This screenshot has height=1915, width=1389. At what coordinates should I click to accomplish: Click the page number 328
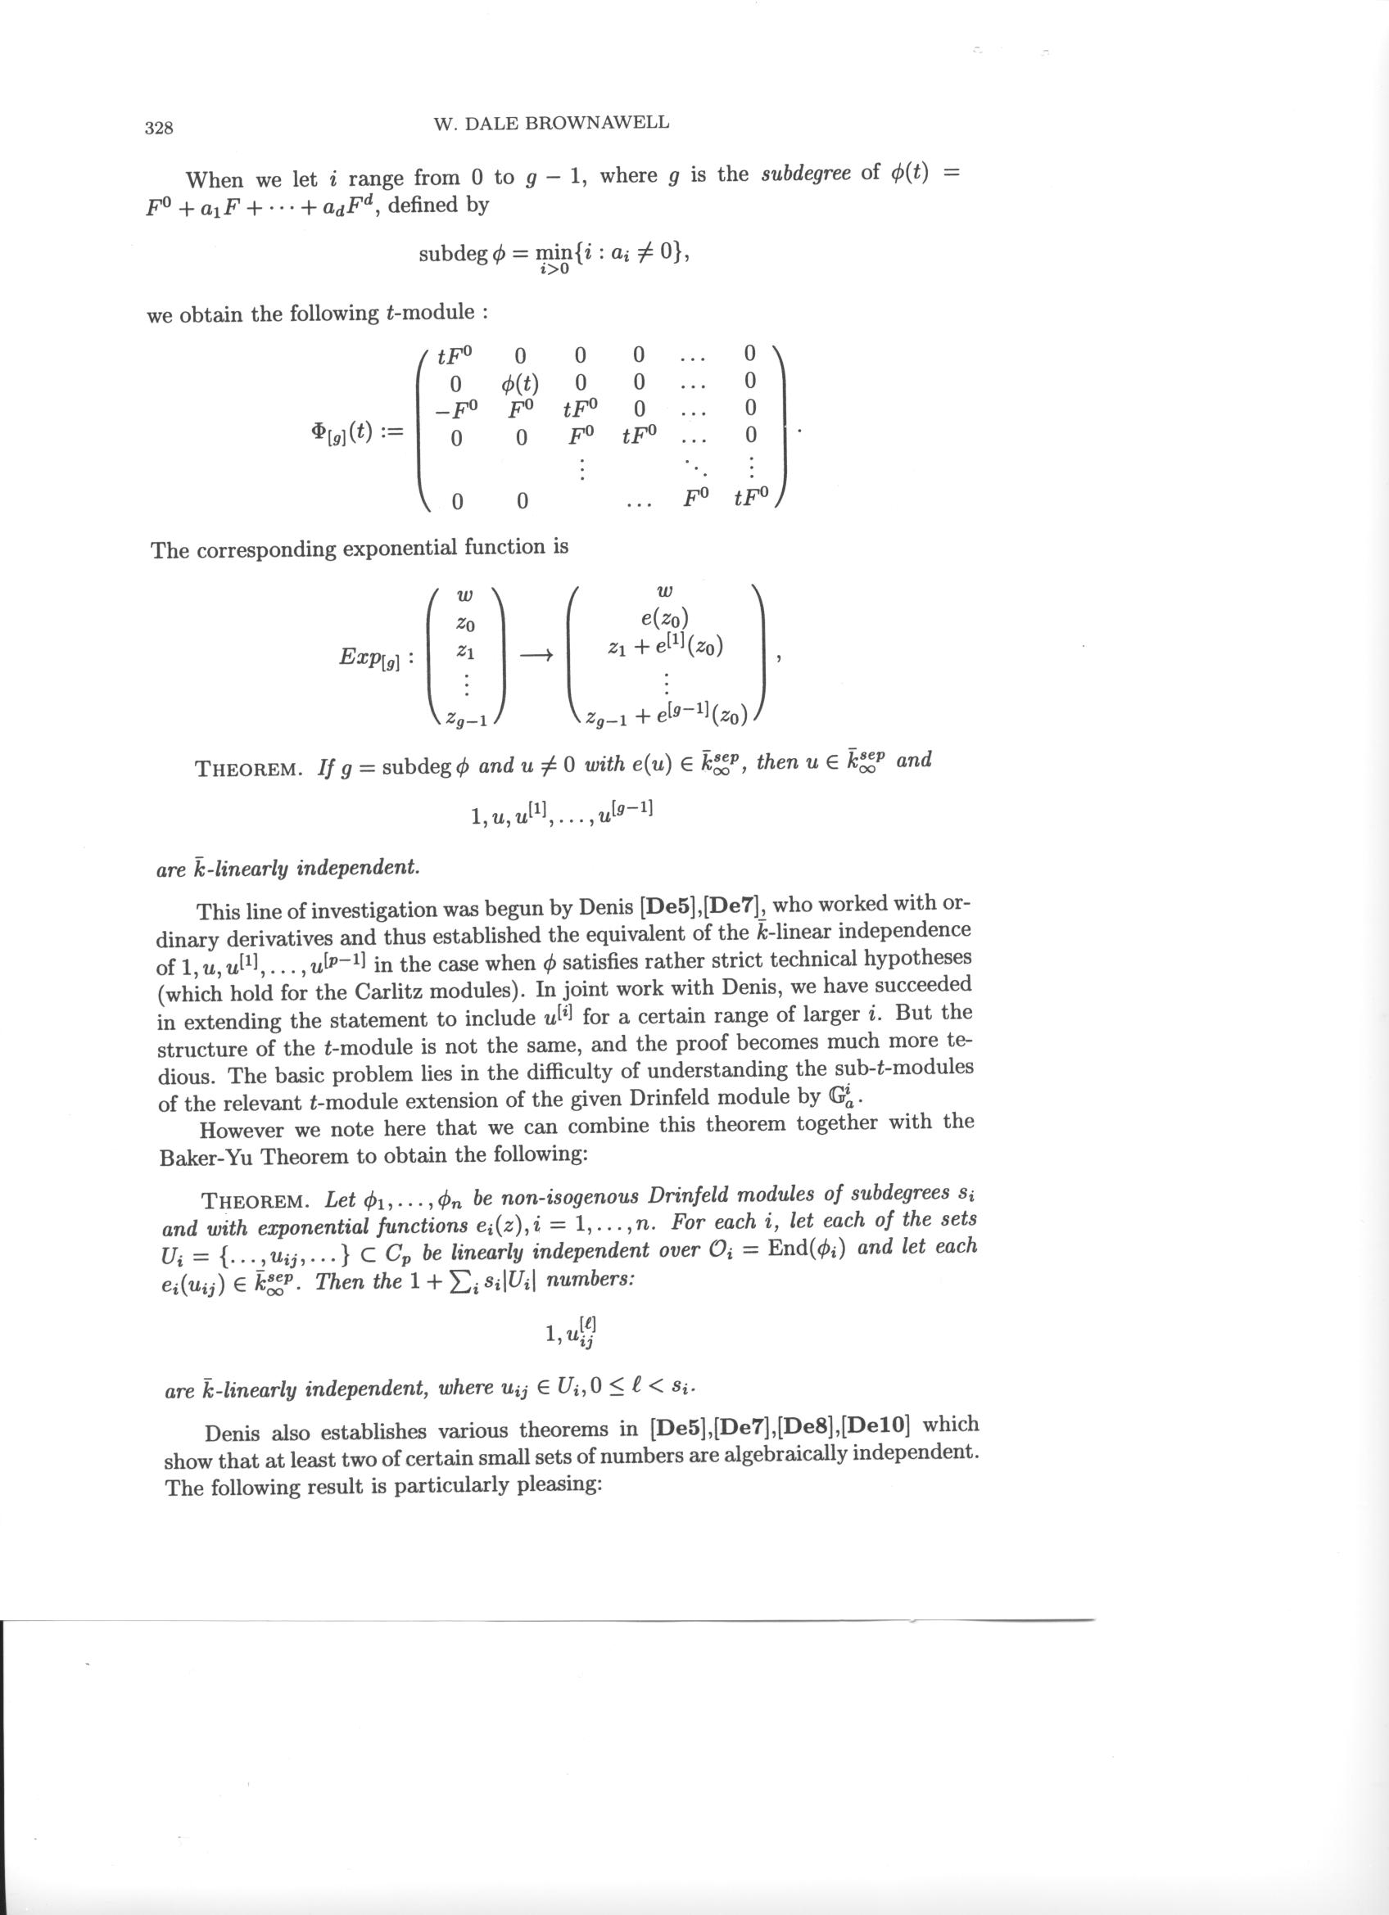159,129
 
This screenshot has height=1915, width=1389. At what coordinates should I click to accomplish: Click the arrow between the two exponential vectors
536,654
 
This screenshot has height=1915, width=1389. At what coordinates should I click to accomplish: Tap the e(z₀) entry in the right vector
665,622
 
